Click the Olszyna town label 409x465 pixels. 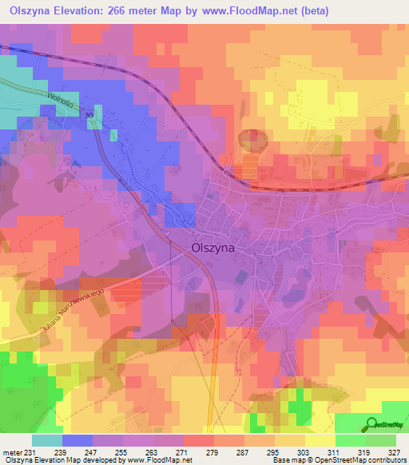tap(213, 248)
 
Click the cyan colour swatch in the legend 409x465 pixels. tap(47, 440)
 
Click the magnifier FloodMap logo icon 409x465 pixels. tap(371, 425)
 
